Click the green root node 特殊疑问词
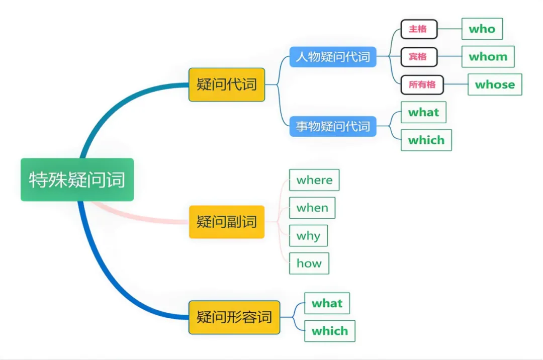pyautogui.click(x=77, y=179)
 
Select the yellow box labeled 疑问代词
pyautogui.click(x=227, y=84)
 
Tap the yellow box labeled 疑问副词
pyautogui.click(x=227, y=222)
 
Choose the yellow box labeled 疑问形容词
pyautogui.click(x=234, y=317)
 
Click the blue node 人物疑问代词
pyautogui.click(x=333, y=57)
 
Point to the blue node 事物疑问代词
pyautogui.click(x=333, y=126)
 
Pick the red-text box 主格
pyautogui.click(x=419, y=29)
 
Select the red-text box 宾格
pyautogui.click(x=419, y=57)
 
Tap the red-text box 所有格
pyautogui.click(x=422, y=84)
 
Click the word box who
pyautogui.click(x=482, y=29)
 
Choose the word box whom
pyautogui.click(x=488, y=57)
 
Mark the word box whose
pyautogui.click(x=495, y=84)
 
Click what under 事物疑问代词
pyautogui.click(x=423, y=112)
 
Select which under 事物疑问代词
pyautogui.click(x=426, y=140)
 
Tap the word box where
pyautogui.click(x=314, y=180)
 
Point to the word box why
pyautogui.click(x=308, y=236)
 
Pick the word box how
pyautogui.click(x=309, y=263)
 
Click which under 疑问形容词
pyautogui.click(x=329, y=331)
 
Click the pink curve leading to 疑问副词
pyautogui.click(x=141, y=217)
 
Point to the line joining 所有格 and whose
pyautogui.click(x=456, y=84)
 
